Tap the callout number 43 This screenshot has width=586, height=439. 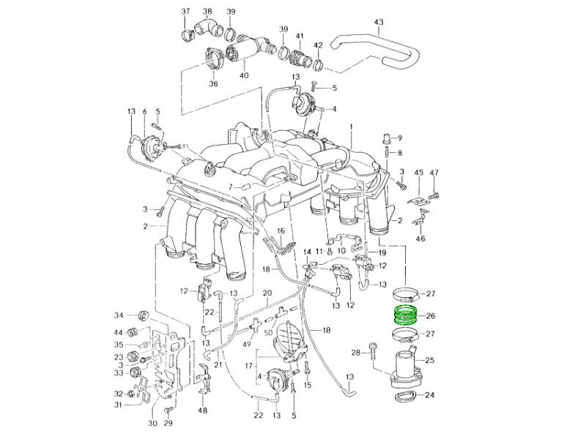pyautogui.click(x=379, y=22)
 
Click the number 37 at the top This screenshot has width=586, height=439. pyautogui.click(x=185, y=12)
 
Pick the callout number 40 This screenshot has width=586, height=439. pyautogui.click(x=244, y=75)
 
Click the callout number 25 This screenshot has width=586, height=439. pyautogui.click(x=430, y=360)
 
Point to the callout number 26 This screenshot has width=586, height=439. pyautogui.click(x=430, y=316)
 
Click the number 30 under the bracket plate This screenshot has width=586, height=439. pyautogui.click(x=152, y=422)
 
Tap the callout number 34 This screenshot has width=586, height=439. pyautogui.click(x=119, y=315)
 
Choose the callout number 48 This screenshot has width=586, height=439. pyautogui.click(x=203, y=410)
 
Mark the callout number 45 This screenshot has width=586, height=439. pyautogui.click(x=418, y=172)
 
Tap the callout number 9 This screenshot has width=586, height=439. pyautogui.click(x=399, y=138)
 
